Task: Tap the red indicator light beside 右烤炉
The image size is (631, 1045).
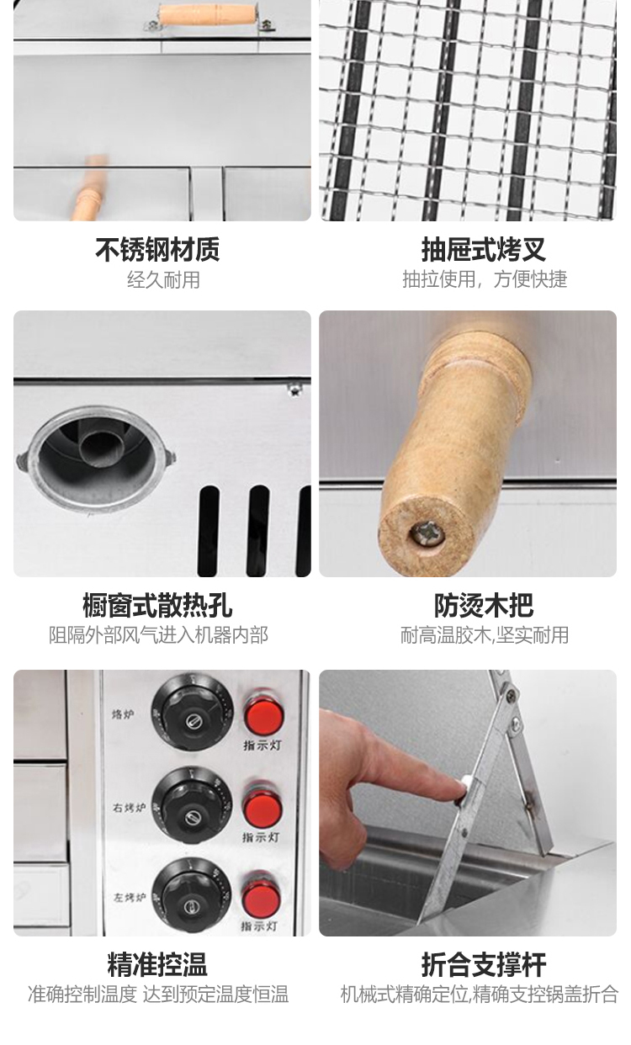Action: pyautogui.click(x=262, y=809)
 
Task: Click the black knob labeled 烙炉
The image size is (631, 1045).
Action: pyautogui.click(x=192, y=713)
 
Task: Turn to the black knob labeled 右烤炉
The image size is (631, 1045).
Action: pyautogui.click(x=191, y=806)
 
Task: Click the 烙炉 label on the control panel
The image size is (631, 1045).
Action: pyautogui.click(x=123, y=714)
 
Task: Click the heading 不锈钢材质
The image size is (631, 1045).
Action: pyautogui.click(x=157, y=250)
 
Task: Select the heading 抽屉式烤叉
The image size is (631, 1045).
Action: pyautogui.click(x=484, y=250)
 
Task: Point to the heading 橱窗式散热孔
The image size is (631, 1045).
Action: pyautogui.click(x=157, y=605)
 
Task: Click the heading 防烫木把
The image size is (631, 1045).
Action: pyautogui.click(x=484, y=605)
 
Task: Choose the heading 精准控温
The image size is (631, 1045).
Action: pyautogui.click(x=157, y=964)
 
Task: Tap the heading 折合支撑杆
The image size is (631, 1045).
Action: pyautogui.click(x=484, y=964)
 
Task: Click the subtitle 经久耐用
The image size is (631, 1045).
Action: pyautogui.click(x=164, y=280)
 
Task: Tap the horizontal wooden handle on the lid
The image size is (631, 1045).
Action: pyautogui.click(x=208, y=14)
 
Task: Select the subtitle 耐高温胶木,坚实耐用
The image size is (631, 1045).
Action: pyautogui.click(x=485, y=635)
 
